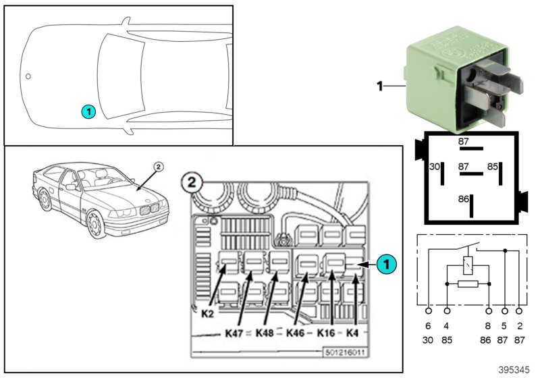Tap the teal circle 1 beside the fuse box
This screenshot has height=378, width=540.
click(x=385, y=265)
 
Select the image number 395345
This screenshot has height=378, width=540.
click(x=514, y=371)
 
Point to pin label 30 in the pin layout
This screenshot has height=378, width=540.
click(x=435, y=166)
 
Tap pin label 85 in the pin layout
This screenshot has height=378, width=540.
click(x=493, y=166)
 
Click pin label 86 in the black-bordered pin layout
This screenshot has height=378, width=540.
click(x=463, y=200)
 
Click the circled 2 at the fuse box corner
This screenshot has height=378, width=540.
click(x=192, y=183)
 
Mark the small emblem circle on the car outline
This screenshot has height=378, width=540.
click(x=28, y=76)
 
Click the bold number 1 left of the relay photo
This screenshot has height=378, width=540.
click(x=379, y=86)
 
